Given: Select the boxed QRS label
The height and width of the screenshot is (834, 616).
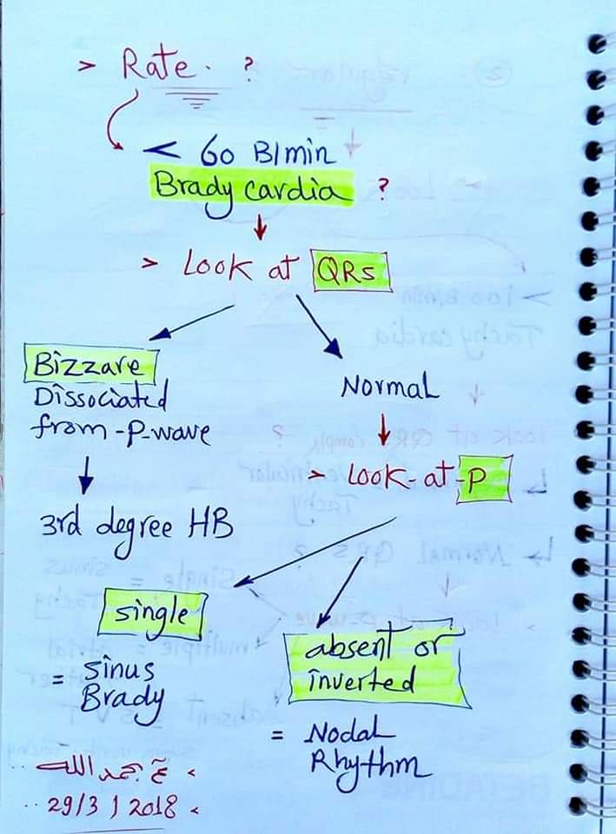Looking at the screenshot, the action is click(351, 274).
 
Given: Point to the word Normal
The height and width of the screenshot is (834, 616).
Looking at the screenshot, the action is click(389, 387).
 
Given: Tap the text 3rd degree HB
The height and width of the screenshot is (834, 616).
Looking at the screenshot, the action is click(136, 526).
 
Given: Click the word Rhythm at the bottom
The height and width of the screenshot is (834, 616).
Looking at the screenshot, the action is click(369, 766).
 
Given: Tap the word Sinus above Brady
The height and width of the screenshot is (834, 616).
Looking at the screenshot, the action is click(120, 669).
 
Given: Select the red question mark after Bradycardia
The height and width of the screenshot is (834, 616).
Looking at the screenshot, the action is click(381, 189).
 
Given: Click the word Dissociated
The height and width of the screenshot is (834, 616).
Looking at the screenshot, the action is click(101, 399).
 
